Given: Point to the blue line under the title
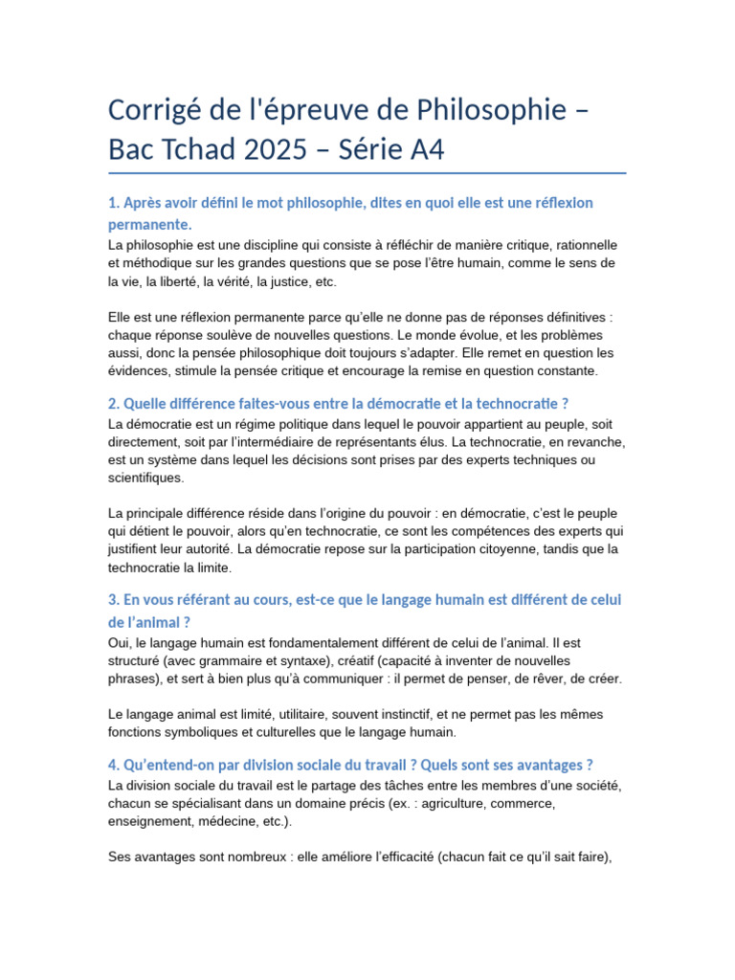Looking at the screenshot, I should point(367,173).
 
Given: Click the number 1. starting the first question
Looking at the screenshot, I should point(114,203).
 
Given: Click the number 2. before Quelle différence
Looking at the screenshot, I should point(114,403).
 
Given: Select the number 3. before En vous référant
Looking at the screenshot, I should point(114,599).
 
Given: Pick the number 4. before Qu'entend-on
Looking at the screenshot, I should point(114,765).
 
